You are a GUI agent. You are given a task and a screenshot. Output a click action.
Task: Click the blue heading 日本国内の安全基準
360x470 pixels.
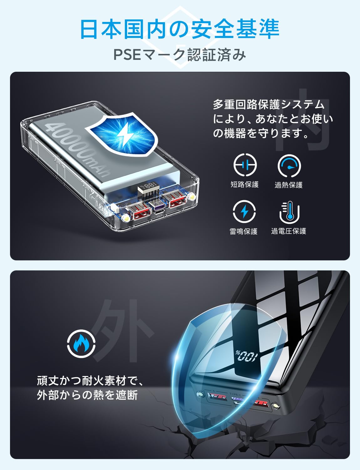[x=180, y=29]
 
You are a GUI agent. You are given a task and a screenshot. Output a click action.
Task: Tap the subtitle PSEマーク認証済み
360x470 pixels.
[x=180, y=55]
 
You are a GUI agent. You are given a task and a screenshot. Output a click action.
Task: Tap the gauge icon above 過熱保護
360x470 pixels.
[x=289, y=166]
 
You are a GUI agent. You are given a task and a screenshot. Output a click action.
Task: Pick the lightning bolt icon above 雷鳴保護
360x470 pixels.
[x=244, y=212]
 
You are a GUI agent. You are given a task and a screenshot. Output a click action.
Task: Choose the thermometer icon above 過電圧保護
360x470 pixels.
[x=289, y=212]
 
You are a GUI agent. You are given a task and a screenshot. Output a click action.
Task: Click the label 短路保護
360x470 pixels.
[x=244, y=185]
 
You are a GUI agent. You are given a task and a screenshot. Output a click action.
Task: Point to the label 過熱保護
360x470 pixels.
[x=289, y=185]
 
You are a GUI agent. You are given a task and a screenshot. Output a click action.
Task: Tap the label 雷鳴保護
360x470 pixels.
[x=244, y=231]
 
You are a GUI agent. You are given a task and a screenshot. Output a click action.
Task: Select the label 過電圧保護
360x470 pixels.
[x=289, y=231]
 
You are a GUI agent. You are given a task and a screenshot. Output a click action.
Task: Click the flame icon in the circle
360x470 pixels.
[x=81, y=344]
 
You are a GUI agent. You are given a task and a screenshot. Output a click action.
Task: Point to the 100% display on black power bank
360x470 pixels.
[x=247, y=356]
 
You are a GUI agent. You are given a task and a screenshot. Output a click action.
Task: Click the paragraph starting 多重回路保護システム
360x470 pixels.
[x=272, y=119]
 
